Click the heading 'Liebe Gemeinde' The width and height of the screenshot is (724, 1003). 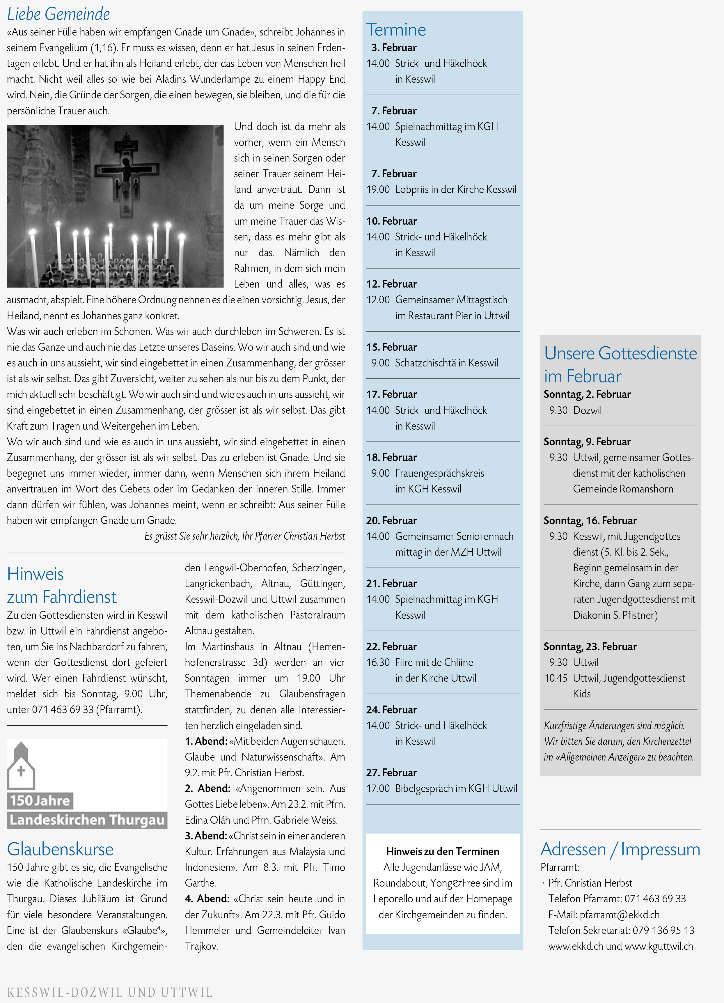pos(58,14)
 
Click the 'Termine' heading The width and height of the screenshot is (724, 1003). pos(396,30)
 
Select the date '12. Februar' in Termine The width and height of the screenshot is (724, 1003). pos(391,284)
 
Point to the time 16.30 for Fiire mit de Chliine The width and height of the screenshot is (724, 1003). pos(378,662)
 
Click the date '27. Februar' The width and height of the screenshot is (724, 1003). pos(391,772)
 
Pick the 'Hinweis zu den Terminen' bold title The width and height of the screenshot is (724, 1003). pos(442,851)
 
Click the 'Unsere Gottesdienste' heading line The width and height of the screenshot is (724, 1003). pos(620,353)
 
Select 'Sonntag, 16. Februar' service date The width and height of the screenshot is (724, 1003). pos(590,520)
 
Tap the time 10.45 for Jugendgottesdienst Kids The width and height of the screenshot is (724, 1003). pos(556,678)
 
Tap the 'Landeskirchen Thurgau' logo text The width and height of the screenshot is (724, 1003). pos(87,820)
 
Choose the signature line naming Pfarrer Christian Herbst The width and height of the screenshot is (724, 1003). pos(244,536)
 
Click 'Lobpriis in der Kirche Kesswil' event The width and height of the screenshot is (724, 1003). pos(455,189)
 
